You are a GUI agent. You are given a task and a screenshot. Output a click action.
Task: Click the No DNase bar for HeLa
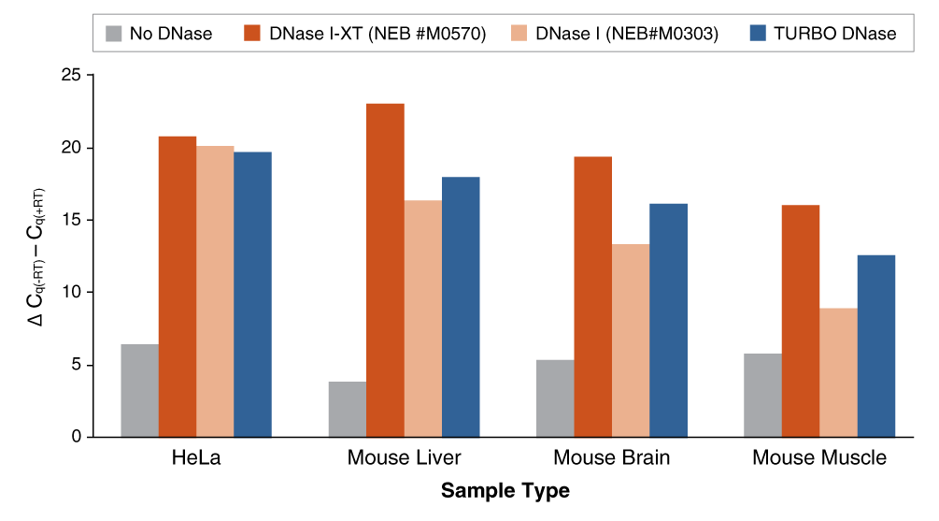click(x=140, y=391)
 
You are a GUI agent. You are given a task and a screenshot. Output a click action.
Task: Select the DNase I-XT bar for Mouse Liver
click(x=385, y=270)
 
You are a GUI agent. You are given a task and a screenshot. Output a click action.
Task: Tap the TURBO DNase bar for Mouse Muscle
click(x=875, y=346)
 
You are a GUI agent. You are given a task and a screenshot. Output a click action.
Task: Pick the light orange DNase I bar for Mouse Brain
click(x=631, y=340)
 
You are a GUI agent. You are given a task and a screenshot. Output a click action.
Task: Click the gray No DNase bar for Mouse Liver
click(x=348, y=409)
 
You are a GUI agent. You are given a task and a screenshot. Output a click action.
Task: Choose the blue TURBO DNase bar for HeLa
click(x=252, y=295)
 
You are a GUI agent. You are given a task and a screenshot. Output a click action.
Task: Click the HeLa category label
click(x=196, y=458)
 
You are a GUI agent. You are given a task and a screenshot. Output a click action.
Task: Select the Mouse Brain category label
click(x=612, y=458)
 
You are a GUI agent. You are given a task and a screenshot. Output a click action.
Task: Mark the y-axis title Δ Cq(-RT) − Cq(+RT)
click(x=35, y=256)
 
